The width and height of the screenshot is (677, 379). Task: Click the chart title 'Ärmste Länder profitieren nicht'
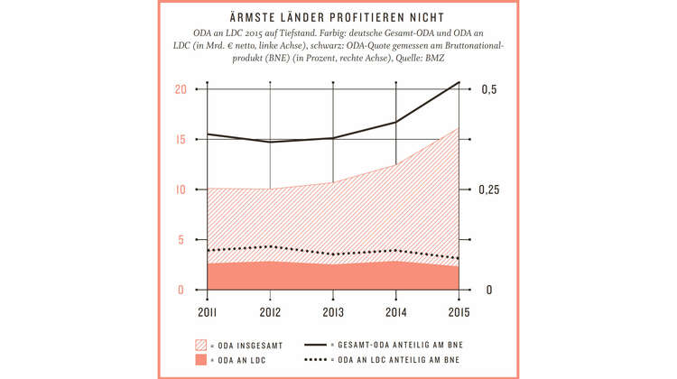338,18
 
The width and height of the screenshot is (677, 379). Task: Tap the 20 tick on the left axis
181,89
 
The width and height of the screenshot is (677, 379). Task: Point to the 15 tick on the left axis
181,140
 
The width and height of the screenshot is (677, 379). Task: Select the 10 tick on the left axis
181,189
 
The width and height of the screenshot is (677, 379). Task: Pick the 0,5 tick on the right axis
488,89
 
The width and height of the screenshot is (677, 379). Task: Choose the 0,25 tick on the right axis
492,189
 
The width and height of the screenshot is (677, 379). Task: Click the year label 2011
208,311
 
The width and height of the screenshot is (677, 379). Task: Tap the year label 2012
270,311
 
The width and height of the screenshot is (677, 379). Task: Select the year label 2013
333,311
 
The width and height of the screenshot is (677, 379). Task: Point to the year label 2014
395,311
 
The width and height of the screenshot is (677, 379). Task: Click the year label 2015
458,311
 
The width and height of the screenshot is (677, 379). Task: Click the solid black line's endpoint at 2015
459,82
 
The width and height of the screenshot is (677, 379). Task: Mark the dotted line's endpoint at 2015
459,259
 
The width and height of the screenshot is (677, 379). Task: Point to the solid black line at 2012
270,142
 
